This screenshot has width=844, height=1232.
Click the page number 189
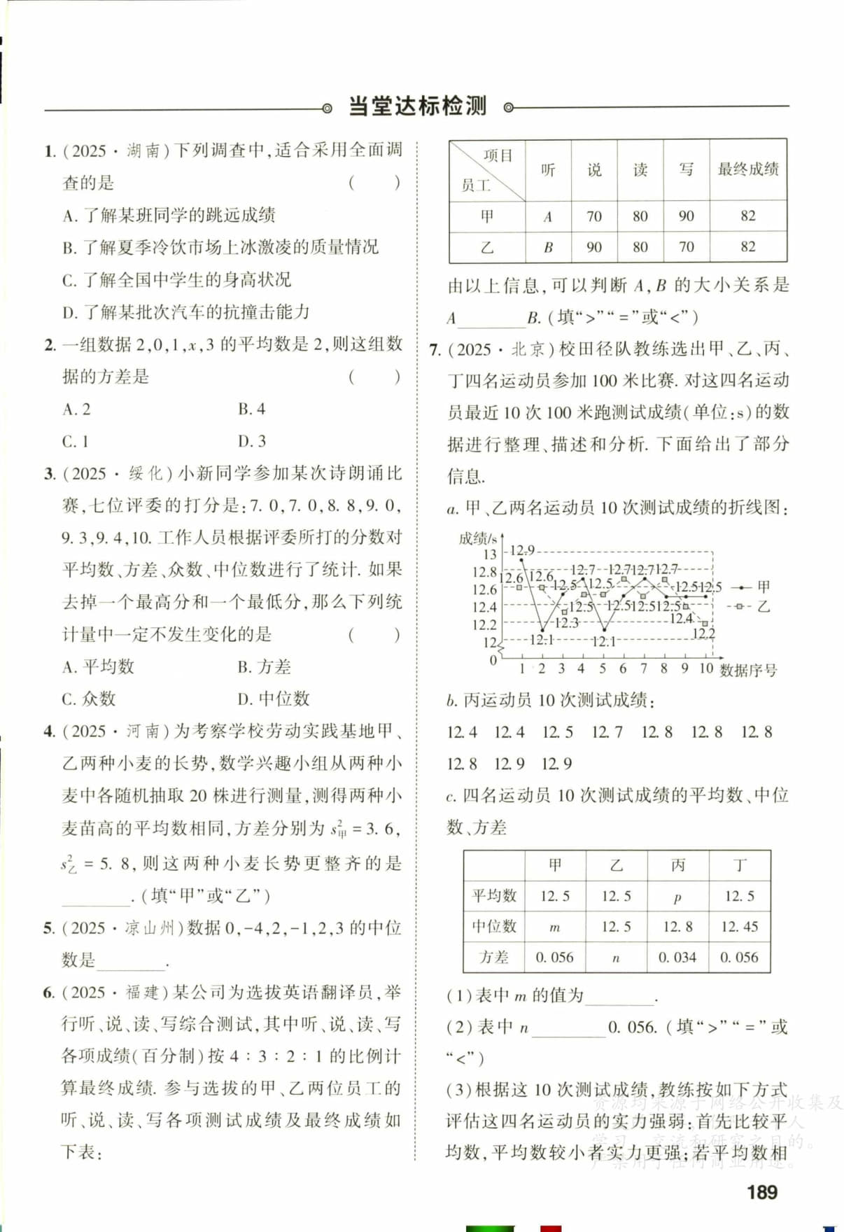(x=761, y=1191)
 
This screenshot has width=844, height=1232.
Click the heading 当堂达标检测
(x=417, y=107)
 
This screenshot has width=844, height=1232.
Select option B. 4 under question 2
(x=251, y=409)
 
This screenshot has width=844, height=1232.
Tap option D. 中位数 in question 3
(x=273, y=699)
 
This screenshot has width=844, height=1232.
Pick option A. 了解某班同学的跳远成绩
(x=169, y=215)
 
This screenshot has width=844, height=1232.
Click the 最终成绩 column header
(x=747, y=169)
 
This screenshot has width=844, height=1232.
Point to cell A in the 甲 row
(x=548, y=217)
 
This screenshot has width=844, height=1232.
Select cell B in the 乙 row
(x=548, y=247)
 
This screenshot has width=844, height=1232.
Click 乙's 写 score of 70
(x=686, y=247)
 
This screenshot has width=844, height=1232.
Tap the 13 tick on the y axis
(x=489, y=554)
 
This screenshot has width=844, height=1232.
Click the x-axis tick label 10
(x=705, y=668)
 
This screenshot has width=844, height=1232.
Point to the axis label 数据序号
(x=747, y=671)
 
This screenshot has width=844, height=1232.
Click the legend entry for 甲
(x=753, y=587)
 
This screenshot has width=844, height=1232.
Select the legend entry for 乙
(x=753, y=606)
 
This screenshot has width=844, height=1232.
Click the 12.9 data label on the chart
(x=521, y=550)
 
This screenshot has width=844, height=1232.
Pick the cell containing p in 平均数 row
(x=677, y=897)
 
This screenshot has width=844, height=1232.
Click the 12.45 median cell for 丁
(x=739, y=927)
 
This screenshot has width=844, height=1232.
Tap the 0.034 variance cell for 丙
(x=677, y=958)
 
